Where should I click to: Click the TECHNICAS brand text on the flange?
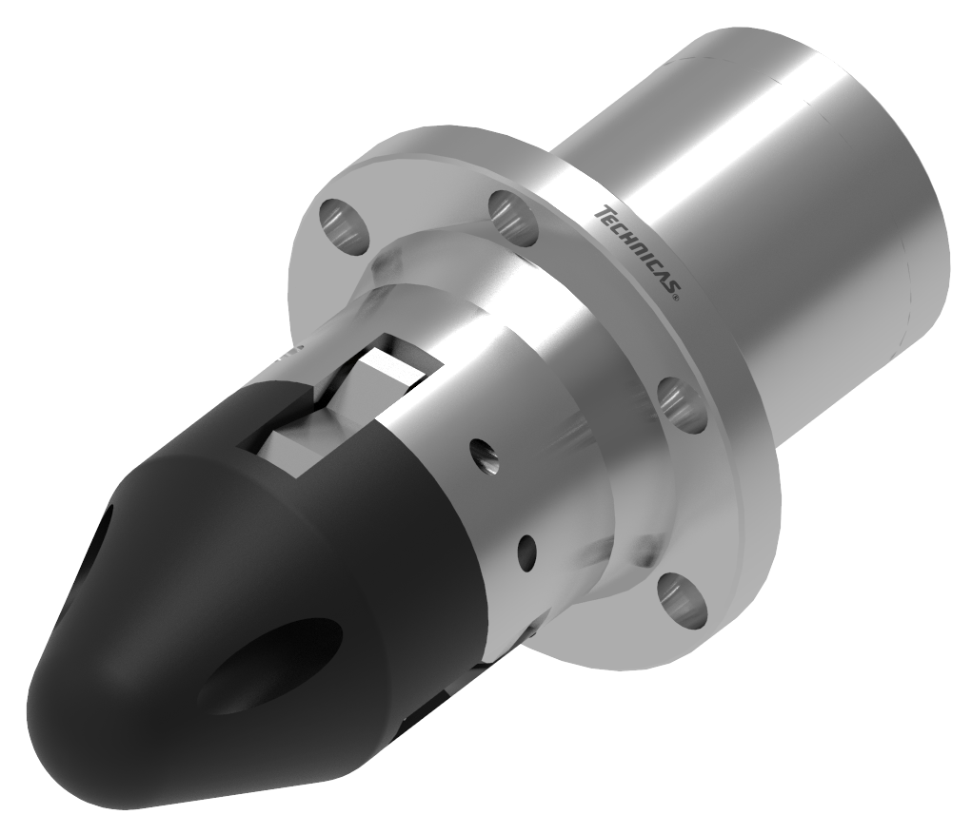(635, 252)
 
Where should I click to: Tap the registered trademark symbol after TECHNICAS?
(676, 298)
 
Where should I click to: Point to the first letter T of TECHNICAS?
(600, 211)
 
